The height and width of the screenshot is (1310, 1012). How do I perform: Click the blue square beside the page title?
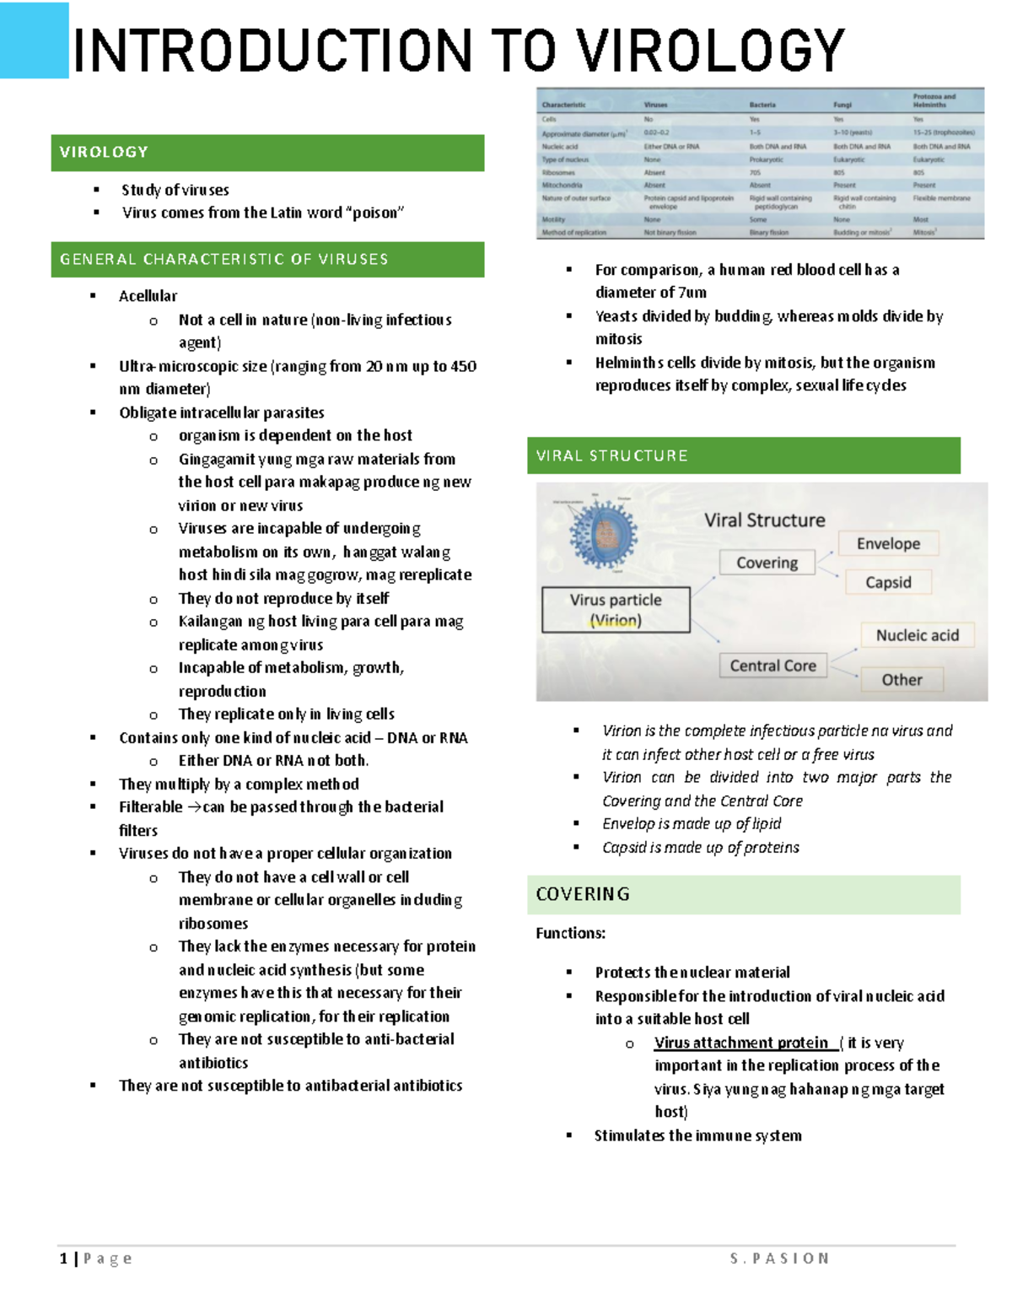35,40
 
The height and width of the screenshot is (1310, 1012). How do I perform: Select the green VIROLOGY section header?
267,153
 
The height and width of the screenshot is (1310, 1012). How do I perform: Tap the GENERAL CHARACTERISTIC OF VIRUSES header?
267,260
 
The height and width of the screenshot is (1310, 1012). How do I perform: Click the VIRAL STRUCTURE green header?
743,456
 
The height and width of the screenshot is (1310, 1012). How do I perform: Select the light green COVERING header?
743,894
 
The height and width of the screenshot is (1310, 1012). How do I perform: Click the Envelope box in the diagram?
888,544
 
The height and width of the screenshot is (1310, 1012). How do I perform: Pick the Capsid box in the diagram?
888,582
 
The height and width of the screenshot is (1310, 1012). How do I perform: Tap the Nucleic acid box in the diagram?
917,635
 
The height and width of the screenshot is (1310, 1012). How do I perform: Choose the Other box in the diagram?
902,680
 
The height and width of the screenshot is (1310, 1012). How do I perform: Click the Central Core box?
772,666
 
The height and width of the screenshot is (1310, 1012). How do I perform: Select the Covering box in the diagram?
767,563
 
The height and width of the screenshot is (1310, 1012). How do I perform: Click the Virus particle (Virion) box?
616,610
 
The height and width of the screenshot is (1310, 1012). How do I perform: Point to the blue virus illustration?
603,533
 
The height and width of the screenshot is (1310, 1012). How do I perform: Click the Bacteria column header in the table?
762,105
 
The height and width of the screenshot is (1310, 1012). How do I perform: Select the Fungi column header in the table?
842,105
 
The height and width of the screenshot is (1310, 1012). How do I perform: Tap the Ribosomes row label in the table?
558,172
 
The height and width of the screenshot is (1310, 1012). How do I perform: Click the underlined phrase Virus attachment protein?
741,1043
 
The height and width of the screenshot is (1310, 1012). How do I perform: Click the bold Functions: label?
570,933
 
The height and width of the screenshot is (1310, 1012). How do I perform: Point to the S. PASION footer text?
779,1259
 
